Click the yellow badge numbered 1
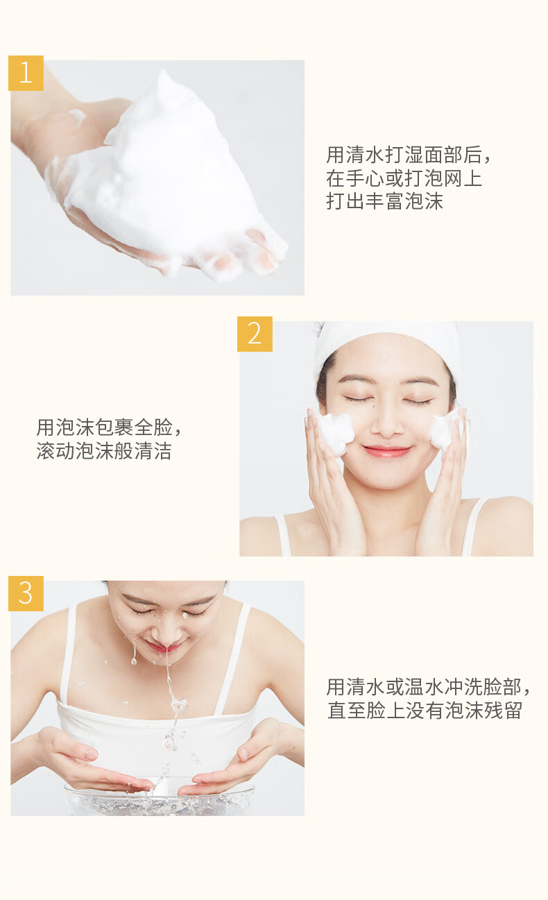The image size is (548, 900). coord(26,73)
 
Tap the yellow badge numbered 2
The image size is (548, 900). coord(255,334)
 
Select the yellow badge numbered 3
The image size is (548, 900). coord(26,593)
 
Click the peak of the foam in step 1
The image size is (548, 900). coord(163,72)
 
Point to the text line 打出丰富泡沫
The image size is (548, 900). coord(384,201)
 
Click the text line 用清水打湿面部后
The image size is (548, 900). coord(408,155)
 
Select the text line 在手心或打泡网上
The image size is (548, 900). coord(404,178)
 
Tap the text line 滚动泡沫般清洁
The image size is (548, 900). coord(104,451)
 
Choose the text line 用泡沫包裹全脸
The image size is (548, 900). coord(109,427)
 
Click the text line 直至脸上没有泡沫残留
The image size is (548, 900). coord(425,711)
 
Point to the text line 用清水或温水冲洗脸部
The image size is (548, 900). coord(428,687)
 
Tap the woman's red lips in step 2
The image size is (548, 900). coord(386,451)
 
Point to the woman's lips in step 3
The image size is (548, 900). coord(162,647)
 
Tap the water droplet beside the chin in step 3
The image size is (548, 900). coord(134,660)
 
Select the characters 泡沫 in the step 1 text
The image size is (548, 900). coord(423,201)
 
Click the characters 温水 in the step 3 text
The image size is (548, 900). coord(423,687)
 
